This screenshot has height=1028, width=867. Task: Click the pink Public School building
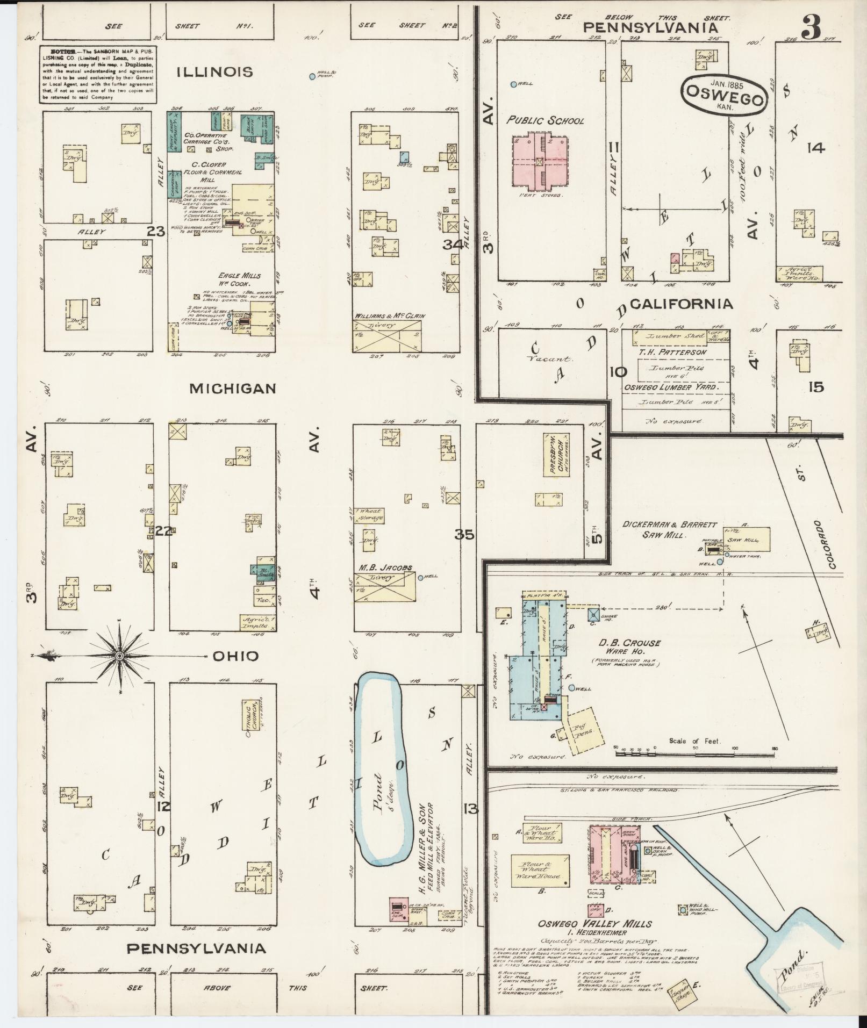[x=539, y=161]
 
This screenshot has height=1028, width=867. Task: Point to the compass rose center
[x=120, y=656]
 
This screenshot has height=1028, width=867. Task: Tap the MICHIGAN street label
[x=233, y=388]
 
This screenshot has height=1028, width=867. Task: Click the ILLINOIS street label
[x=215, y=71]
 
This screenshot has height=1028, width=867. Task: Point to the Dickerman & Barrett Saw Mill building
[x=747, y=538]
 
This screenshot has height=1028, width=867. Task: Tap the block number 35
[x=463, y=535]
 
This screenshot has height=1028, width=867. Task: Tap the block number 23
[x=156, y=231]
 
